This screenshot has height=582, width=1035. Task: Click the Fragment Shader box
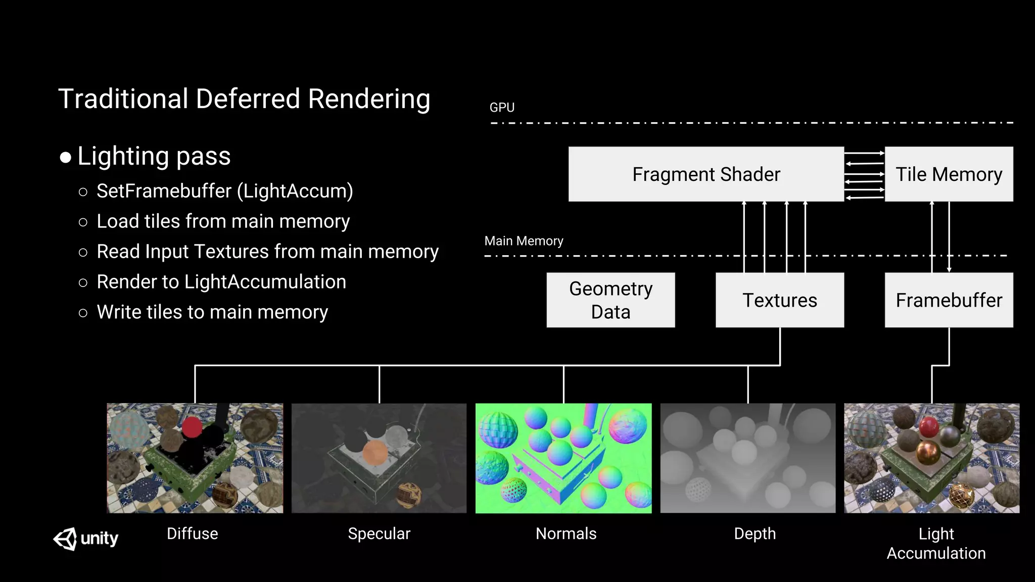coord(706,174)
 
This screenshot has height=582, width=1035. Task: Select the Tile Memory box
coord(949,174)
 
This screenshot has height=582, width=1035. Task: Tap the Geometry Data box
coord(610,300)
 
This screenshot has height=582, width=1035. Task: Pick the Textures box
coord(779,300)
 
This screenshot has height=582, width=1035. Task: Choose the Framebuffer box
coord(949,300)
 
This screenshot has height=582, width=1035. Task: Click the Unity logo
coord(85,539)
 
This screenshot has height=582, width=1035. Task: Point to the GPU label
coord(502,108)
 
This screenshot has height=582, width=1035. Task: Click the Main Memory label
coord(524,241)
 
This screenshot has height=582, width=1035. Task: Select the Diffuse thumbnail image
coord(195,458)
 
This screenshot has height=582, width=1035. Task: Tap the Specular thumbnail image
coord(379,458)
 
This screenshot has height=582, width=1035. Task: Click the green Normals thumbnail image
coord(563,458)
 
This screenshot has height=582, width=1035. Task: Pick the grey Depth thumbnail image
coord(748,458)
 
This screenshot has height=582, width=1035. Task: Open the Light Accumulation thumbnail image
coord(931,458)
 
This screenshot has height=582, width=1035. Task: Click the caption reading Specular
coord(379,533)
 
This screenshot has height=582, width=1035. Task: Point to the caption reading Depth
coord(755,533)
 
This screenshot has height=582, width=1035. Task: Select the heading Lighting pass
coord(154,156)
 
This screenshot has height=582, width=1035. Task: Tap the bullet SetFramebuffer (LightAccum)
coord(224,191)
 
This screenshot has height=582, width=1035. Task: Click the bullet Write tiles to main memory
coord(212,312)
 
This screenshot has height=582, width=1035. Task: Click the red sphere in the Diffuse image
coord(192,427)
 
